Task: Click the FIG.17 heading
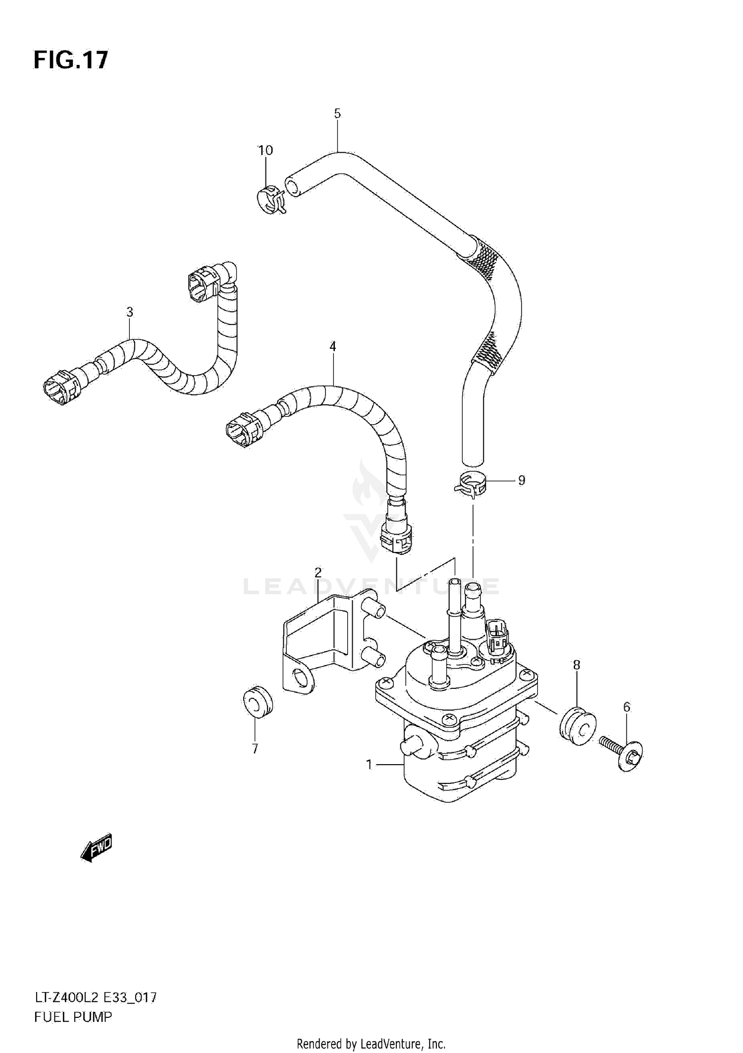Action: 70,60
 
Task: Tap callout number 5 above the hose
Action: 337,113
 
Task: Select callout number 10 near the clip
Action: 265,150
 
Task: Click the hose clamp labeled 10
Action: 271,200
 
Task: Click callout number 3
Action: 129,312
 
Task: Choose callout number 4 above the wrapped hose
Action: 333,347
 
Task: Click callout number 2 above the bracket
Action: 318,573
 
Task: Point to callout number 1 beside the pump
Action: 369,765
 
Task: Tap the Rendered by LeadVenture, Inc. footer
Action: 371,1044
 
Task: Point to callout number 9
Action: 521,480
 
